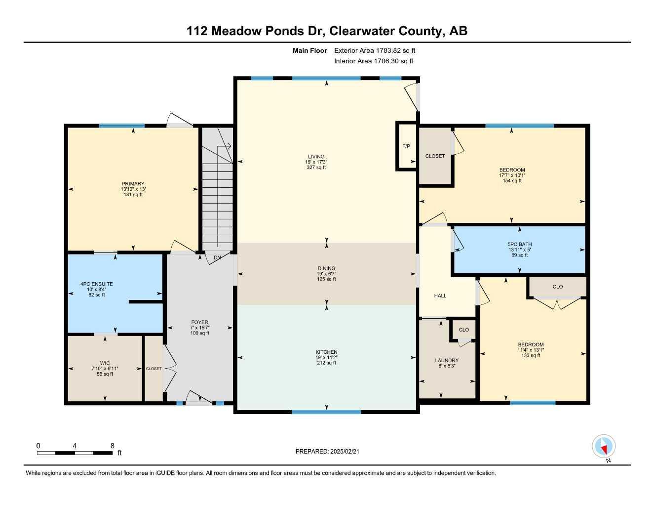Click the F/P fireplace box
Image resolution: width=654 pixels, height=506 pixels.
click(x=406, y=146)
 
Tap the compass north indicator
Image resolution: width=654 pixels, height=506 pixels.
click(x=604, y=446)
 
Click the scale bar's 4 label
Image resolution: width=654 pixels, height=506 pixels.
click(x=75, y=446)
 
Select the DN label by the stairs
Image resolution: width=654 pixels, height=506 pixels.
click(x=217, y=257)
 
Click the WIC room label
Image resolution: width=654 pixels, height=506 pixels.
click(x=105, y=363)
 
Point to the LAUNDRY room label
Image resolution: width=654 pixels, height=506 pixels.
click(x=447, y=360)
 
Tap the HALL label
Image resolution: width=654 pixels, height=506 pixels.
click(x=440, y=295)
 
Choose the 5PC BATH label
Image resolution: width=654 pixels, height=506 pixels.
click(x=519, y=244)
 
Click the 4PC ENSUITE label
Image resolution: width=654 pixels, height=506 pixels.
click(x=97, y=284)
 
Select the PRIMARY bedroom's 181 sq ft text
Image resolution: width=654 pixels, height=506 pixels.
click(x=133, y=195)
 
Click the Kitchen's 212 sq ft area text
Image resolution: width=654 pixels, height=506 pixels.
click(x=326, y=363)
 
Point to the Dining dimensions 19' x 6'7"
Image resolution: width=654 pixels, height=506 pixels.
click(x=326, y=274)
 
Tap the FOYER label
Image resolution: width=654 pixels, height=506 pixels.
click(x=199, y=322)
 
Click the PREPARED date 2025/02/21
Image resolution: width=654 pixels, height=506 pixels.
click(x=345, y=452)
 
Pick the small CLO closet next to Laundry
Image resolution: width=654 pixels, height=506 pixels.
click(x=463, y=330)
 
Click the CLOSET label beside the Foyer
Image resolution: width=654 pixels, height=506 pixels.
click(x=154, y=369)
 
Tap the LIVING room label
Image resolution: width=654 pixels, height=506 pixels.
click(x=316, y=157)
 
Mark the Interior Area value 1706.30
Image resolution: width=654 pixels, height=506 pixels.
click(x=387, y=61)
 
